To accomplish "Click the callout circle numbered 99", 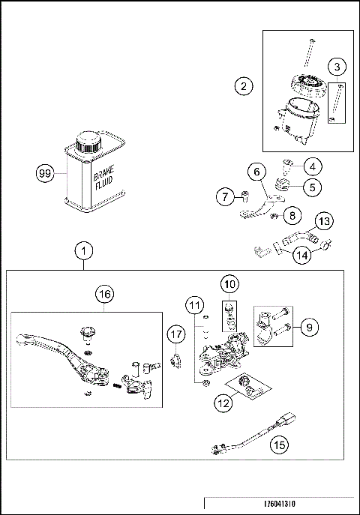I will [x=46, y=175].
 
